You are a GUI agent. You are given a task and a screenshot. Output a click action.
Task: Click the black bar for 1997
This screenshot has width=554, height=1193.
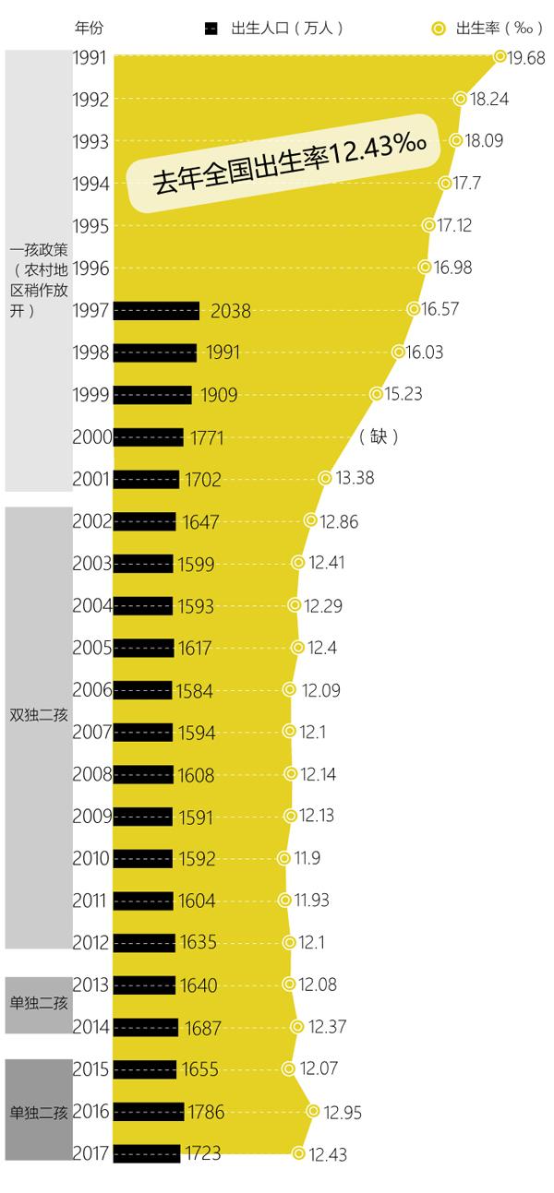pyautogui.click(x=156, y=311)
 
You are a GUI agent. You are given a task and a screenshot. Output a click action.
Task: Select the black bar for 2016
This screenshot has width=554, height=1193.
pyautogui.click(x=149, y=1112)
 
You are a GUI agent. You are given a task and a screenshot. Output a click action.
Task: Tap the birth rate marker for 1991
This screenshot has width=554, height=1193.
pyautogui.click(x=500, y=57)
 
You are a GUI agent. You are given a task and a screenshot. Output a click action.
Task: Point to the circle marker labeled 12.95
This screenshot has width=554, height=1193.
pyautogui.click(x=313, y=1112)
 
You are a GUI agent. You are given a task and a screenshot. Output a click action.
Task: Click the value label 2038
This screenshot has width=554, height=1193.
pyautogui.click(x=231, y=312)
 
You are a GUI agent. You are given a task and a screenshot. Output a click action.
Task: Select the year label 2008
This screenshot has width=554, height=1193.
pyautogui.click(x=91, y=774)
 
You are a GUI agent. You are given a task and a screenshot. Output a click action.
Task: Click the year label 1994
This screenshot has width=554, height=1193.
pyautogui.click(x=91, y=184)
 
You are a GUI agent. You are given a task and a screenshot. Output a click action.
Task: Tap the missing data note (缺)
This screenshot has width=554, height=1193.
pyautogui.click(x=379, y=436)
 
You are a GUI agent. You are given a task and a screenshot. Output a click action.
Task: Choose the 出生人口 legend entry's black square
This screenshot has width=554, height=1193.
pyautogui.click(x=211, y=28)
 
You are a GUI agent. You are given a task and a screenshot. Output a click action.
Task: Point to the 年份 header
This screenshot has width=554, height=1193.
pyautogui.click(x=89, y=27)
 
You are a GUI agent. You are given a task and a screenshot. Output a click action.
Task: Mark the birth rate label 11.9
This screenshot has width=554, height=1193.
pyautogui.click(x=308, y=859)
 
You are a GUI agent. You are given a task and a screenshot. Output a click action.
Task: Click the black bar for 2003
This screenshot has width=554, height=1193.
pyautogui.click(x=143, y=564)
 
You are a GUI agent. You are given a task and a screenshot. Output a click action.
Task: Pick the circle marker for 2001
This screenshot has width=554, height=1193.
pyautogui.click(x=325, y=478)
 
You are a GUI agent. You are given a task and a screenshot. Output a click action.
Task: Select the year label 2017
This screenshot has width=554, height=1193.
pyautogui.click(x=91, y=1153)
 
